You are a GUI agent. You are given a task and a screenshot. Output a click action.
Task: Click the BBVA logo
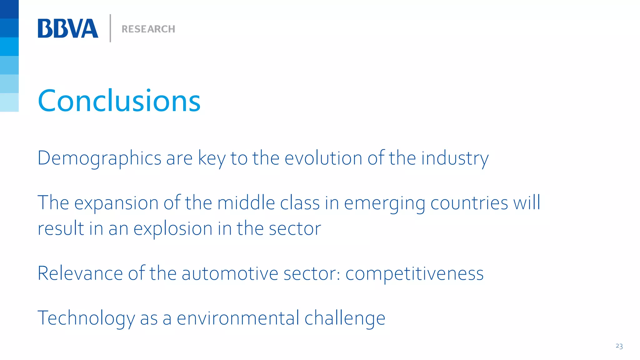(68, 28)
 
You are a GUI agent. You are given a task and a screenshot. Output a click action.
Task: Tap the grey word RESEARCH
(148, 29)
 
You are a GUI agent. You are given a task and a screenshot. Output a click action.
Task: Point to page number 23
(619, 346)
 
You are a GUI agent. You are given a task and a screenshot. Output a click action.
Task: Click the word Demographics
(99, 158)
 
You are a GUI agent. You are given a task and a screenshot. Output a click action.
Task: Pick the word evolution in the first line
(323, 158)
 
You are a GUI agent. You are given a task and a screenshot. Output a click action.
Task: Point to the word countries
(469, 203)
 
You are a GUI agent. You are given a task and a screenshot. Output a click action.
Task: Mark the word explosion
(173, 229)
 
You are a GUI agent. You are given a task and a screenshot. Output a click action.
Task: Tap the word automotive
(230, 273)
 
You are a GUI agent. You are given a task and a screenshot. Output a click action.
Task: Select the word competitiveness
(414, 274)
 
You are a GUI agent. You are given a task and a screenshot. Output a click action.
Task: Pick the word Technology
(86, 318)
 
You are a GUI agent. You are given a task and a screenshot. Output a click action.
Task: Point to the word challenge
(345, 318)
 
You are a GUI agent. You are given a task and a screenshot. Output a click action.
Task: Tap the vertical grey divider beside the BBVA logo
(110, 28)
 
